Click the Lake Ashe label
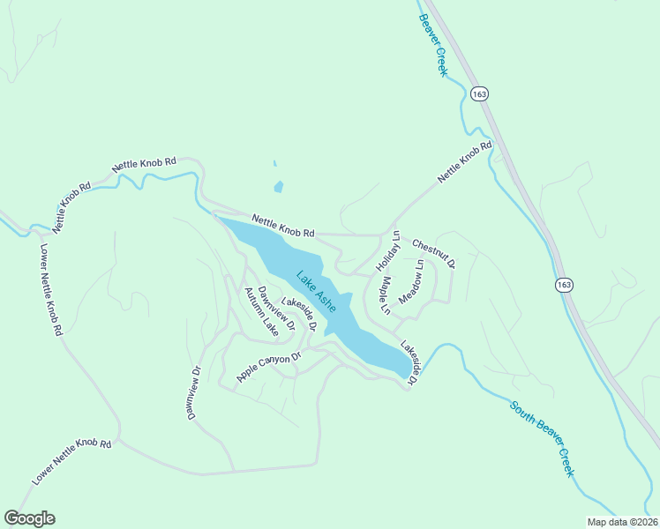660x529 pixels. pyautogui.click(x=316, y=291)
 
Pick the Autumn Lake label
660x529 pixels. pyautogui.click(x=261, y=312)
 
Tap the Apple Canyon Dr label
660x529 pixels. pyautogui.click(x=269, y=367)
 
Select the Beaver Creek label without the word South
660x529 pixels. pyautogui.click(x=434, y=45)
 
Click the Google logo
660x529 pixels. pyautogui.click(x=29, y=518)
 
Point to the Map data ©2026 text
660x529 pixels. pyautogui.click(x=622, y=522)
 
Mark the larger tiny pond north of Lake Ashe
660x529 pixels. pyautogui.click(x=279, y=187)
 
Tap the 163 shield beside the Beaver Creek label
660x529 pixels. pyautogui.click(x=479, y=94)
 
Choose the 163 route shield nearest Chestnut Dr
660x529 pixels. pyautogui.click(x=565, y=285)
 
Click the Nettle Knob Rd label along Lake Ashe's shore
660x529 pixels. pyautogui.click(x=282, y=227)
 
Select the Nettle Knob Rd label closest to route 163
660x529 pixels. pyautogui.click(x=463, y=163)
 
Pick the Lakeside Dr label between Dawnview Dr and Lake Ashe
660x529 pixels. pyautogui.click(x=298, y=313)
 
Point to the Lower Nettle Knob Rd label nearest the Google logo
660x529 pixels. pyautogui.click(x=72, y=462)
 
